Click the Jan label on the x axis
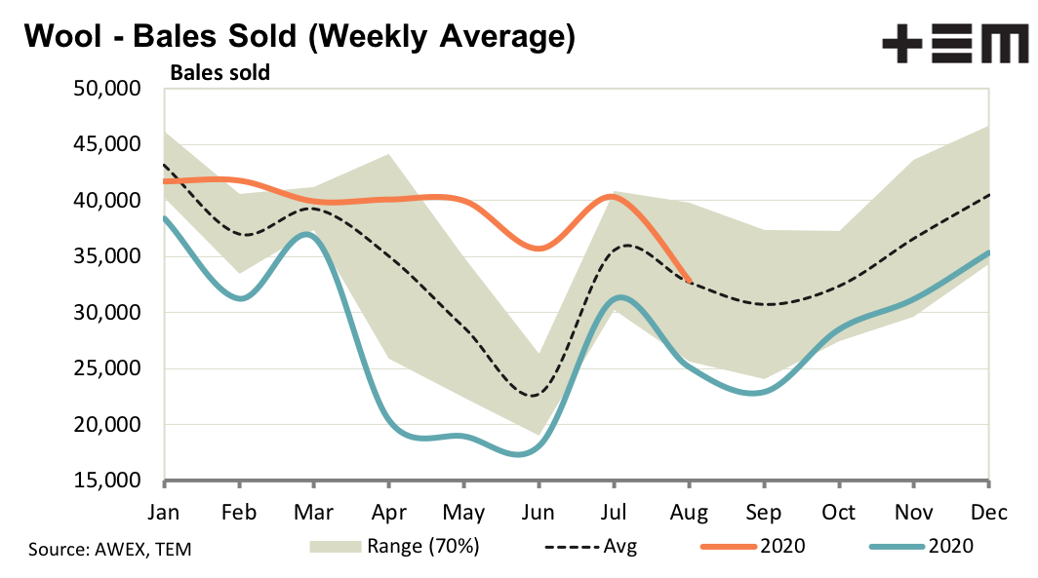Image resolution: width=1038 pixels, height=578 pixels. (165, 512)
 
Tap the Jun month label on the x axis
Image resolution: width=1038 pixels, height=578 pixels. (539, 512)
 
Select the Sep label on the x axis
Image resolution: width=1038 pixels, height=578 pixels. (763, 512)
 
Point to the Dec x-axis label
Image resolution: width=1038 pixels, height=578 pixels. (988, 512)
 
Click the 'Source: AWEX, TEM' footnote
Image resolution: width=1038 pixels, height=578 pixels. (110, 550)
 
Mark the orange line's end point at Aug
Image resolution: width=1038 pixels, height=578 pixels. (690, 282)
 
